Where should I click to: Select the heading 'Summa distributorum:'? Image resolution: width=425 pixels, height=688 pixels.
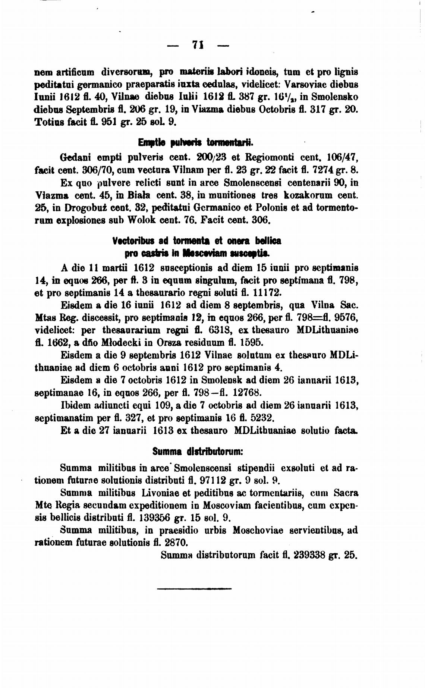pos(198,451)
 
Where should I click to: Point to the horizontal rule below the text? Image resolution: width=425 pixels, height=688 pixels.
pos(194,588)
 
